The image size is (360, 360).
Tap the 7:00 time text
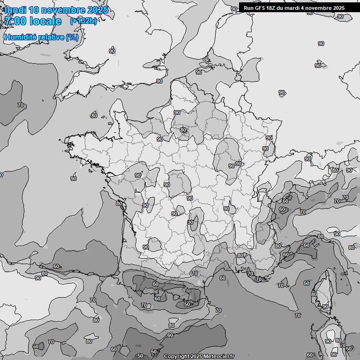point(15,21)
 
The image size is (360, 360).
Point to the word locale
point(45,21)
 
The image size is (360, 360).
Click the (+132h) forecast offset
point(83,21)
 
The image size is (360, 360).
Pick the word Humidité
point(20,37)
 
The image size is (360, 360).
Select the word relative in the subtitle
point(51,37)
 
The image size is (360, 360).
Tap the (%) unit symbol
point(72,37)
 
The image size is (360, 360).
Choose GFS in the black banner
point(260,8)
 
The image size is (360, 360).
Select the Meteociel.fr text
point(219,357)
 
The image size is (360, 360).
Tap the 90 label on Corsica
point(325,307)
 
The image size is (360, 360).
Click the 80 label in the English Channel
point(94,116)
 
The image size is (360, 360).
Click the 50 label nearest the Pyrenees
point(187,304)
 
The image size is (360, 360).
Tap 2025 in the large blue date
point(97,10)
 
